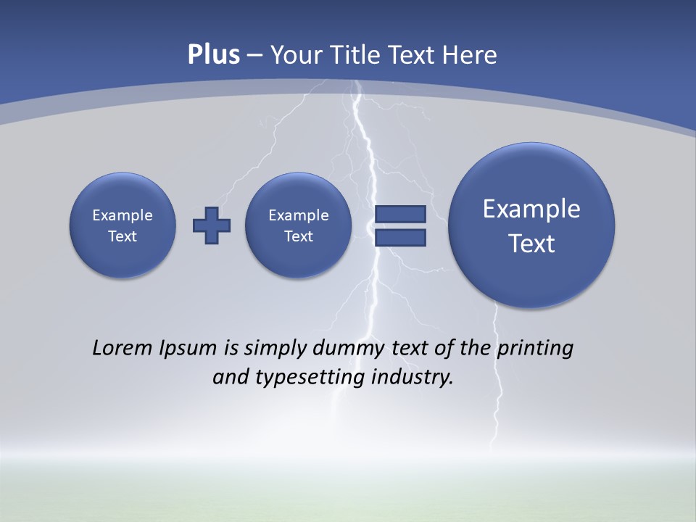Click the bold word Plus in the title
(213, 55)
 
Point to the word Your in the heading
(298, 55)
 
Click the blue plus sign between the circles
(212, 225)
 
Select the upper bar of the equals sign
(400, 214)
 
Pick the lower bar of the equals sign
(400, 237)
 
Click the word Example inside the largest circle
(531, 209)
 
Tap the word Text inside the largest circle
(531, 244)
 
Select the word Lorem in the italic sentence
(123, 348)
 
